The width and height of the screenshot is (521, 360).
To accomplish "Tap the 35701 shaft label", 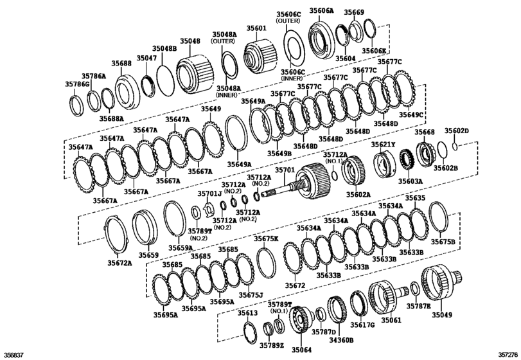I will coord(285,170).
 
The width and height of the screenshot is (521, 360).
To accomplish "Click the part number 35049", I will coord(442,316).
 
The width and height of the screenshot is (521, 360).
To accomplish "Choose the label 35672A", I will coord(119,262).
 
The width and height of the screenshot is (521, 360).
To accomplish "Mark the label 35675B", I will coord(442,241).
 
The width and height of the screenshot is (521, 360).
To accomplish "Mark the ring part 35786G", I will coord(75,104).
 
